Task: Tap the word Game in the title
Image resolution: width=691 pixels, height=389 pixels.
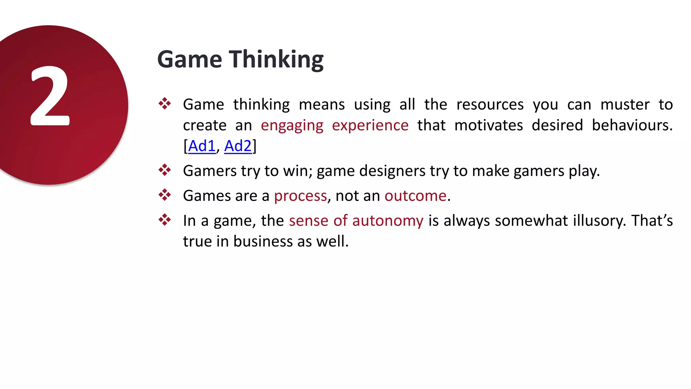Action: point(190,60)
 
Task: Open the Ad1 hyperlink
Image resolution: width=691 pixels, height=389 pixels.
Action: point(202,146)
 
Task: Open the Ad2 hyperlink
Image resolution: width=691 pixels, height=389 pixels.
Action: point(238,146)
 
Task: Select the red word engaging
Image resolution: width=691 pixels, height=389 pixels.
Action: point(292,126)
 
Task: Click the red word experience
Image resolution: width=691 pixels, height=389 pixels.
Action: point(370,126)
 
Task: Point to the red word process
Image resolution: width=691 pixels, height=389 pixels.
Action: point(300,196)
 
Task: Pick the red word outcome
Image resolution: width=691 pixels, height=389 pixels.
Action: point(415,196)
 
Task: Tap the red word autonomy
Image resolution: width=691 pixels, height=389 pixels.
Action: point(388,221)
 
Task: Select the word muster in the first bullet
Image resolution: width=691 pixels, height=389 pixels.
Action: point(625,105)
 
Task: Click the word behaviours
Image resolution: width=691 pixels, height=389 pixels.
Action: point(632,126)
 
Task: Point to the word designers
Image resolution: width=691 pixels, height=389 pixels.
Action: point(392,171)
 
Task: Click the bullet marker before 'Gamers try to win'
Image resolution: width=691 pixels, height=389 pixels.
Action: point(165,170)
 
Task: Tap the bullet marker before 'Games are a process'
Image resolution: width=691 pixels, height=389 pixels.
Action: point(165,195)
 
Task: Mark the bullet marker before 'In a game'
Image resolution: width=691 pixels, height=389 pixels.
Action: point(165,220)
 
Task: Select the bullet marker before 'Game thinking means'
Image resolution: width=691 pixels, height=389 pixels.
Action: point(165,104)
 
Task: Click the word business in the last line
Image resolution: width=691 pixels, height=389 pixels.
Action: point(263,241)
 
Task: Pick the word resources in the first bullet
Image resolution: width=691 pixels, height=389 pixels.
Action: point(490,105)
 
